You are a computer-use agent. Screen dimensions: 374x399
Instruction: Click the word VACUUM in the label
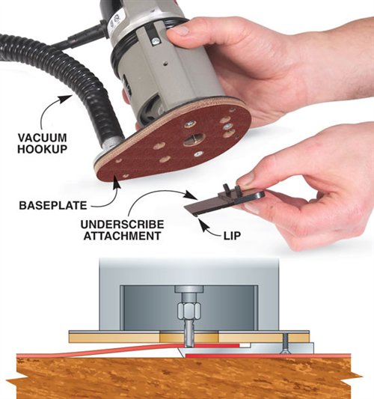pos(42,138)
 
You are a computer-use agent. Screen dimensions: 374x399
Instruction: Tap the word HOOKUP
pos(42,149)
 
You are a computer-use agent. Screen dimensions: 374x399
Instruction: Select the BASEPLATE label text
pos(53,205)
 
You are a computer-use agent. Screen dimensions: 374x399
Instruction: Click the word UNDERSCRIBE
pos(122,225)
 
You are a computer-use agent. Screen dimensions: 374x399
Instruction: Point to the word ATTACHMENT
pos(122,236)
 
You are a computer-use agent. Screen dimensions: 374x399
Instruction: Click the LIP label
pos(232,236)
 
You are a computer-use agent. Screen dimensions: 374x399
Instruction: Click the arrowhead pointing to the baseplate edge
pos(117,182)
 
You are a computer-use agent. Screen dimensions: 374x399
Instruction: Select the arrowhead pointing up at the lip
pos(203,225)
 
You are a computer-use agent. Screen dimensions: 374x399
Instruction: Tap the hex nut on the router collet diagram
pos(189,310)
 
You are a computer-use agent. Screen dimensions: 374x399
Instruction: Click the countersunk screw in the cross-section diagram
pos(285,343)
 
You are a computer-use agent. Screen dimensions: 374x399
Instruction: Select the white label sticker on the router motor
pos(115,25)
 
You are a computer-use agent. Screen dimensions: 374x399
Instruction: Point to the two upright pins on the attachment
pos(232,189)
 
